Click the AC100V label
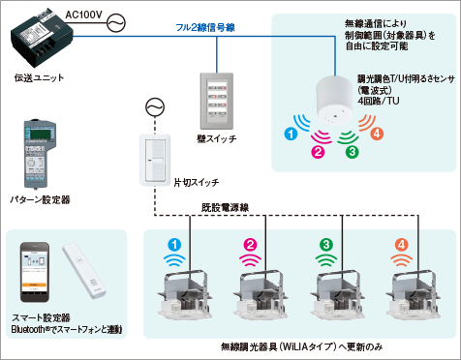(84, 15)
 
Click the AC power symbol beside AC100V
(116, 23)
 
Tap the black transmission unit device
(42, 37)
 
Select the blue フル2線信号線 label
(205, 27)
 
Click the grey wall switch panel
(217, 101)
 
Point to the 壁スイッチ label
(217, 138)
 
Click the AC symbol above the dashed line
(155, 107)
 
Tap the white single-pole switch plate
(155, 160)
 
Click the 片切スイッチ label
(197, 183)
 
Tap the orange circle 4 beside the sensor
(377, 134)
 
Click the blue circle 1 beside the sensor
(292, 134)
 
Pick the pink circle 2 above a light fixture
(250, 245)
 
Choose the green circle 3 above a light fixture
(326, 245)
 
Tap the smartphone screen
(34, 271)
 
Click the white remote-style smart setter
(84, 270)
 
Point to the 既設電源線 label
(226, 207)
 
